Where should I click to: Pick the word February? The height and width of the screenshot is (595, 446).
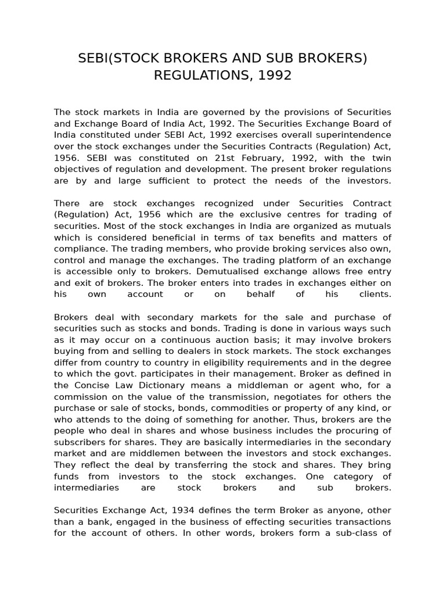[257, 157]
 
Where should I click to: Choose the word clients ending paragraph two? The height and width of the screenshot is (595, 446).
[375, 294]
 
